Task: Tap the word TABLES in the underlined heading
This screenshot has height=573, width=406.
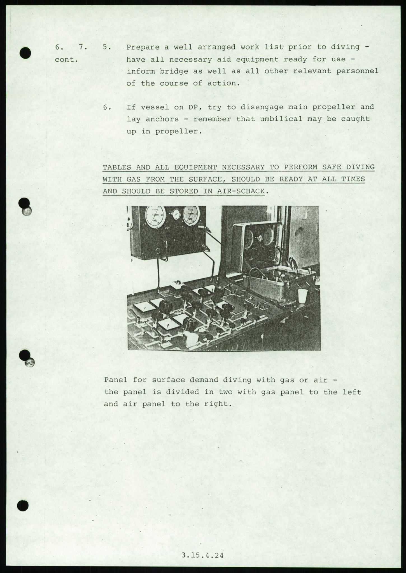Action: click(116, 167)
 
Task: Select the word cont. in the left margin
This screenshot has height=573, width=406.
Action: click(66, 59)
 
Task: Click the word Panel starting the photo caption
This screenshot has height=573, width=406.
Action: click(116, 380)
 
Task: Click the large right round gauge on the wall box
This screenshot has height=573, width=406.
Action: click(191, 216)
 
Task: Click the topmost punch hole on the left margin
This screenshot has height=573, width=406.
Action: click(25, 53)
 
